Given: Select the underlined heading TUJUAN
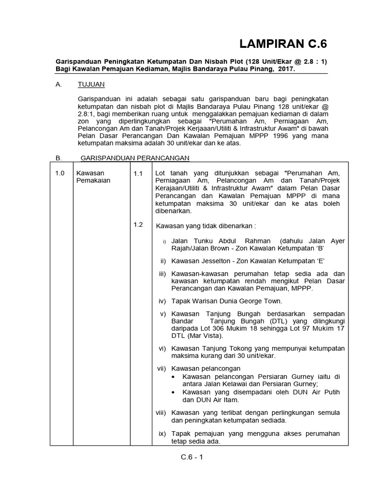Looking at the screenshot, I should point(91,85).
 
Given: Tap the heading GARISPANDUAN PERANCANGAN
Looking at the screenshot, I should point(135,157).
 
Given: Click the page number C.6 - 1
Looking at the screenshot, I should point(192,457).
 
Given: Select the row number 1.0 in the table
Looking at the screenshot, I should point(59,173).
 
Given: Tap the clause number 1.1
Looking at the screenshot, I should point(138,174).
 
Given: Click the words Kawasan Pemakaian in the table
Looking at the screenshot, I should point(93,176).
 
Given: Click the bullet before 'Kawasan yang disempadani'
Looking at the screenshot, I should point(173,392).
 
